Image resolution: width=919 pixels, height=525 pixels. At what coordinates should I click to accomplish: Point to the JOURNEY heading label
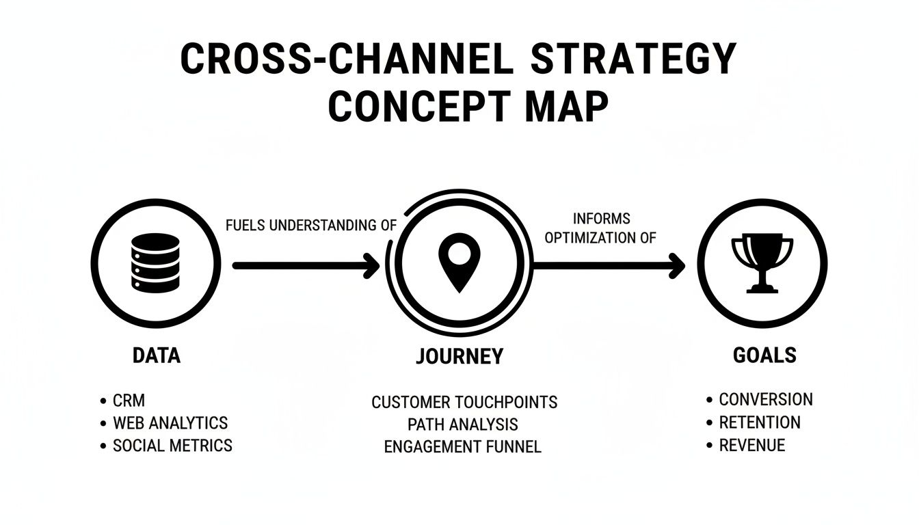(459, 356)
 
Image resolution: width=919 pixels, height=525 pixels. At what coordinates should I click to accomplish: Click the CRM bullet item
(129, 401)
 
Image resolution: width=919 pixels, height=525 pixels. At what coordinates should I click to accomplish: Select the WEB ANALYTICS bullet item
(170, 423)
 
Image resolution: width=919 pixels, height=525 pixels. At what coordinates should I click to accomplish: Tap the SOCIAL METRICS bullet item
(172, 446)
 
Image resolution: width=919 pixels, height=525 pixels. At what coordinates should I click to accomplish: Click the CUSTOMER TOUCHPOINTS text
(464, 402)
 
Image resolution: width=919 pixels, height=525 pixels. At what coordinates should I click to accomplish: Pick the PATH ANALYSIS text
(463, 425)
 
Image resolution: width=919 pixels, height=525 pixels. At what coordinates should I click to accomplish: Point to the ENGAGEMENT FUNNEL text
(463, 447)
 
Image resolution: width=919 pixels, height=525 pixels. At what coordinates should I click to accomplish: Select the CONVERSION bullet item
(766, 399)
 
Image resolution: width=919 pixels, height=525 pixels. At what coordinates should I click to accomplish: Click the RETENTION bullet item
(759, 422)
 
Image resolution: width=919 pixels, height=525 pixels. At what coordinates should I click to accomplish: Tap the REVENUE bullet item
(751, 446)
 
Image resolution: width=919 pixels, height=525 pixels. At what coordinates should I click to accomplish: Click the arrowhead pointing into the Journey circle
(372, 265)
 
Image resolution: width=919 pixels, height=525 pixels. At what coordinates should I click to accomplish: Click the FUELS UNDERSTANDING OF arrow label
(311, 226)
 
